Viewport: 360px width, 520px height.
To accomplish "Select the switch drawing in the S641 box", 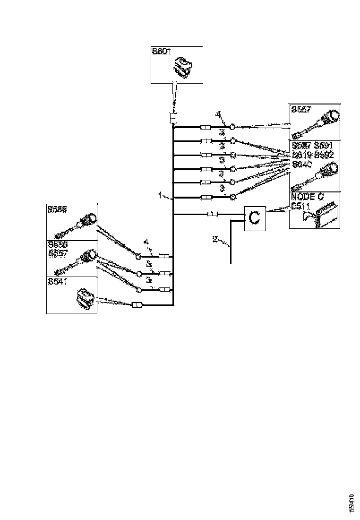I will click(x=86, y=298).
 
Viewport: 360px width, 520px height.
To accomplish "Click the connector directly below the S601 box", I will click(x=173, y=118).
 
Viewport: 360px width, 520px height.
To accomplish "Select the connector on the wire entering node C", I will click(x=213, y=215).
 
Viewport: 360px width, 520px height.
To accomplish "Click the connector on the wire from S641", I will click(x=137, y=305).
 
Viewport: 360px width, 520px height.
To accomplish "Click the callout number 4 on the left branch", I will click(x=146, y=242).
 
